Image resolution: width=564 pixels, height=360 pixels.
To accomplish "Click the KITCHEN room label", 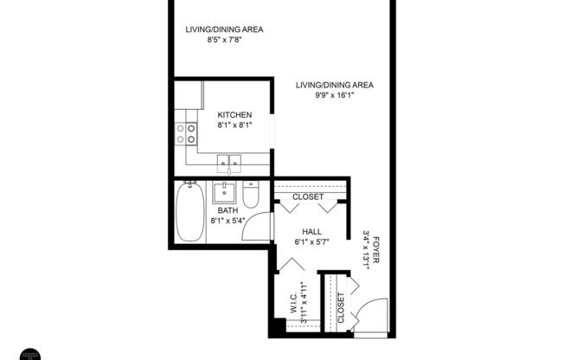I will (234, 115).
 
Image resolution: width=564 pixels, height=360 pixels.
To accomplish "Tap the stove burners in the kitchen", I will (186, 132).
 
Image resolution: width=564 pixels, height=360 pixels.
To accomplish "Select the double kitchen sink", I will (229, 160).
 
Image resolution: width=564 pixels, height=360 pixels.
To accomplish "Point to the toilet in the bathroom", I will (251, 196).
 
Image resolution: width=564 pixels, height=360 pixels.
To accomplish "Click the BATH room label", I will (228, 210).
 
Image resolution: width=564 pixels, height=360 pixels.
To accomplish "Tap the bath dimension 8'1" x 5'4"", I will (229, 221).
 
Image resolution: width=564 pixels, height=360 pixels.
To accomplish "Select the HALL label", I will (313, 231).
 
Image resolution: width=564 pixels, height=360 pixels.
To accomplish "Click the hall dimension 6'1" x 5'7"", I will (313, 241).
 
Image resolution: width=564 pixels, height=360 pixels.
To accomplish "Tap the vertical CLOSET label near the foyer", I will (341, 306).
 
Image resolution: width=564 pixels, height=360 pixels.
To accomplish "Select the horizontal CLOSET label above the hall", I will (308, 196).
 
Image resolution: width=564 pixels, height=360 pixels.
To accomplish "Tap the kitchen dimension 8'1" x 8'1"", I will (234, 125).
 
